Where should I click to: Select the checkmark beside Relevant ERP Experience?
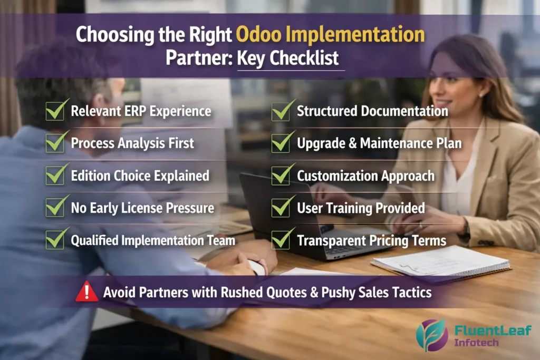[56, 111]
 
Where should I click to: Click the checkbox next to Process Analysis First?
[56, 142]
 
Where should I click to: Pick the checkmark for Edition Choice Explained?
[56, 175]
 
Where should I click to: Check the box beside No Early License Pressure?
[56, 207]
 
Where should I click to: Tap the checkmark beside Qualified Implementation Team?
[56, 240]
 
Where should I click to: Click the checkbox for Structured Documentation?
[282, 111]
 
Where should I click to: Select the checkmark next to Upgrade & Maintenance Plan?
[282, 142]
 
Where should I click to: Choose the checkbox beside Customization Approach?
[282, 175]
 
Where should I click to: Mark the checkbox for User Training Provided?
[282, 207]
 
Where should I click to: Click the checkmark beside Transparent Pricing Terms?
[282, 240]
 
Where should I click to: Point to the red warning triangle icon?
[86, 291]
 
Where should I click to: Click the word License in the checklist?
[144, 208]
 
